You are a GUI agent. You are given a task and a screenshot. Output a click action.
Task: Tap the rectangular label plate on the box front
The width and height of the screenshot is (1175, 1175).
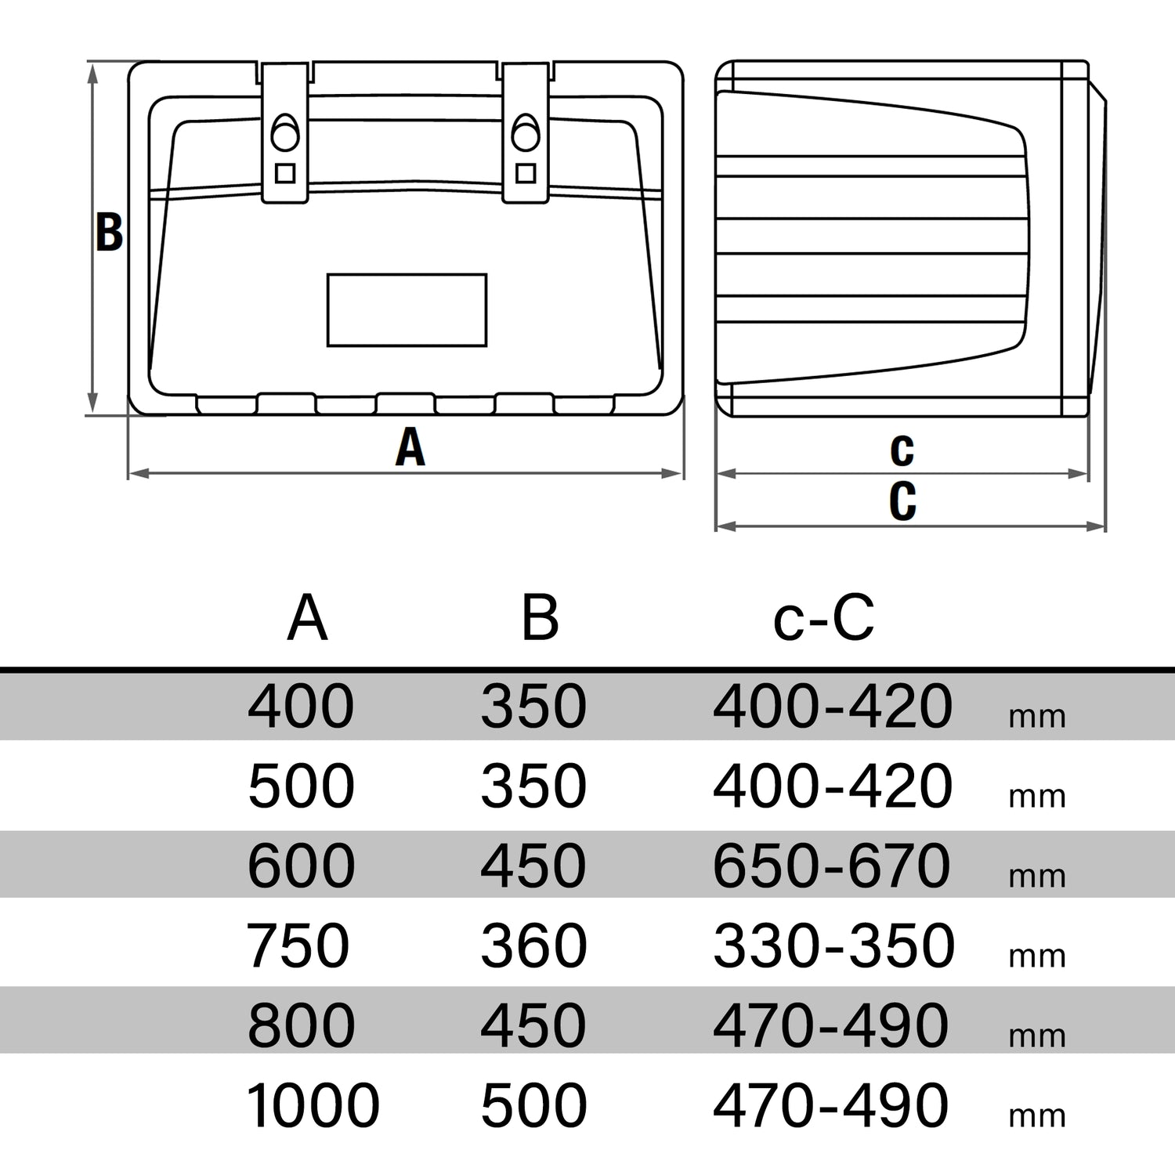(407, 309)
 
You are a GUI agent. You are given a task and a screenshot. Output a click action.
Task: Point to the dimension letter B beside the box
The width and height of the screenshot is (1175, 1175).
(109, 232)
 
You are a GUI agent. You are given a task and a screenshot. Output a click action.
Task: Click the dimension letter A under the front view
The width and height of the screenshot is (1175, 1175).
(410, 448)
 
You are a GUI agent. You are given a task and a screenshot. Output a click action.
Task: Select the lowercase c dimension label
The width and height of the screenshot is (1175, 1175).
(902, 449)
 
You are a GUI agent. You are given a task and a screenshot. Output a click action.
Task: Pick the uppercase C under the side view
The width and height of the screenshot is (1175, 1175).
(902, 501)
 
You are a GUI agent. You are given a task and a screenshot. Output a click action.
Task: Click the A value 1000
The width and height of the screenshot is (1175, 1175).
(313, 1105)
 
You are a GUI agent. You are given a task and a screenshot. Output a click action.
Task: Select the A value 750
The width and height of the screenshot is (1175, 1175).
(298, 945)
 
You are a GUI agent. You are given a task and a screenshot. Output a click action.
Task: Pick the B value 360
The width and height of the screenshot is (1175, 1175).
(533, 945)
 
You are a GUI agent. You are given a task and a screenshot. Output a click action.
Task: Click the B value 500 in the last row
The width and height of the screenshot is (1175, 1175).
(533, 1105)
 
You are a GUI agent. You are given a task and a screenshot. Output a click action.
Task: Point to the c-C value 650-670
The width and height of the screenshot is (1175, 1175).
(832, 866)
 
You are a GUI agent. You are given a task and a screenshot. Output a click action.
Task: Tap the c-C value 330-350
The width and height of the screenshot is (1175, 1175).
(833, 945)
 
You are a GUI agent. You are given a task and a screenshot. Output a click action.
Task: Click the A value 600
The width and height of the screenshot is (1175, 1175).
(301, 866)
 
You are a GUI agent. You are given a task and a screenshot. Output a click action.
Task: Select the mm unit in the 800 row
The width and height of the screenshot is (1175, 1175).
(1037, 1036)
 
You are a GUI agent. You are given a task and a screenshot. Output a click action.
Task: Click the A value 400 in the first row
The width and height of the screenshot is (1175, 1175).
(301, 706)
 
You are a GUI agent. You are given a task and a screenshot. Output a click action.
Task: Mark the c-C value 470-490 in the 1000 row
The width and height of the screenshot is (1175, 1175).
(831, 1105)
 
